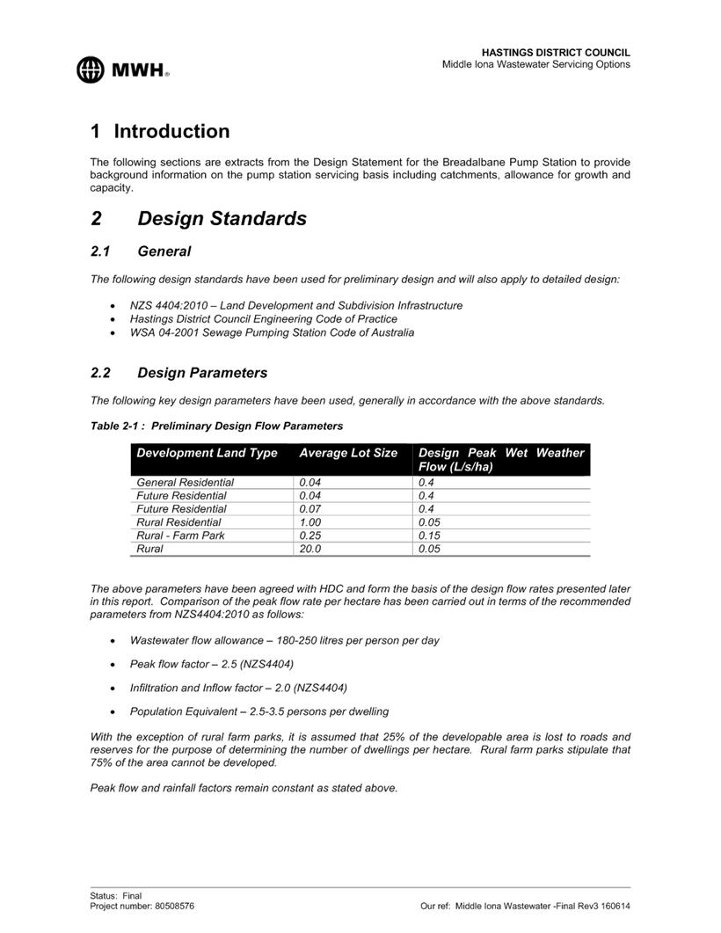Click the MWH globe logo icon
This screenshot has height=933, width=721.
coord(91,69)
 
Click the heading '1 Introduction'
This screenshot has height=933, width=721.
coord(160,132)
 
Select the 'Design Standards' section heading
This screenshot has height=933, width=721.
coord(222,219)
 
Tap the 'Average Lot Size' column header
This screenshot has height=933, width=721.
coord(348,453)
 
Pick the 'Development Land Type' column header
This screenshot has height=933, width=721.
coord(207,453)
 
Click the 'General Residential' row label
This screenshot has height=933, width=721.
coord(185,483)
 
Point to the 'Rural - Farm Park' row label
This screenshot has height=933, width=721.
coord(180,536)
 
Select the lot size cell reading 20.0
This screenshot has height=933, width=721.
coord(310,549)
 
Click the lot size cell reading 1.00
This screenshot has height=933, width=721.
coord(310,522)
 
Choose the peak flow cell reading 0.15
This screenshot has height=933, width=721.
coord(430,536)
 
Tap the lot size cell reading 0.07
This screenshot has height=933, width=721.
coord(310,509)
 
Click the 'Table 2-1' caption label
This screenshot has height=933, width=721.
coord(216,426)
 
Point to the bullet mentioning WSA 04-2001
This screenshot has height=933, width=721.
coord(272,332)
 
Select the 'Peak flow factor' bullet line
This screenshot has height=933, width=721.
coord(212,664)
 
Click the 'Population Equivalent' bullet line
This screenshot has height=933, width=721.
coord(259,711)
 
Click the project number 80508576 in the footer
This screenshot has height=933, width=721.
coord(175,906)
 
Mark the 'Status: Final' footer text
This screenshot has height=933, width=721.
coord(115,896)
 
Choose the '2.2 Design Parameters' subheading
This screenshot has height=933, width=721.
coord(179,373)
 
